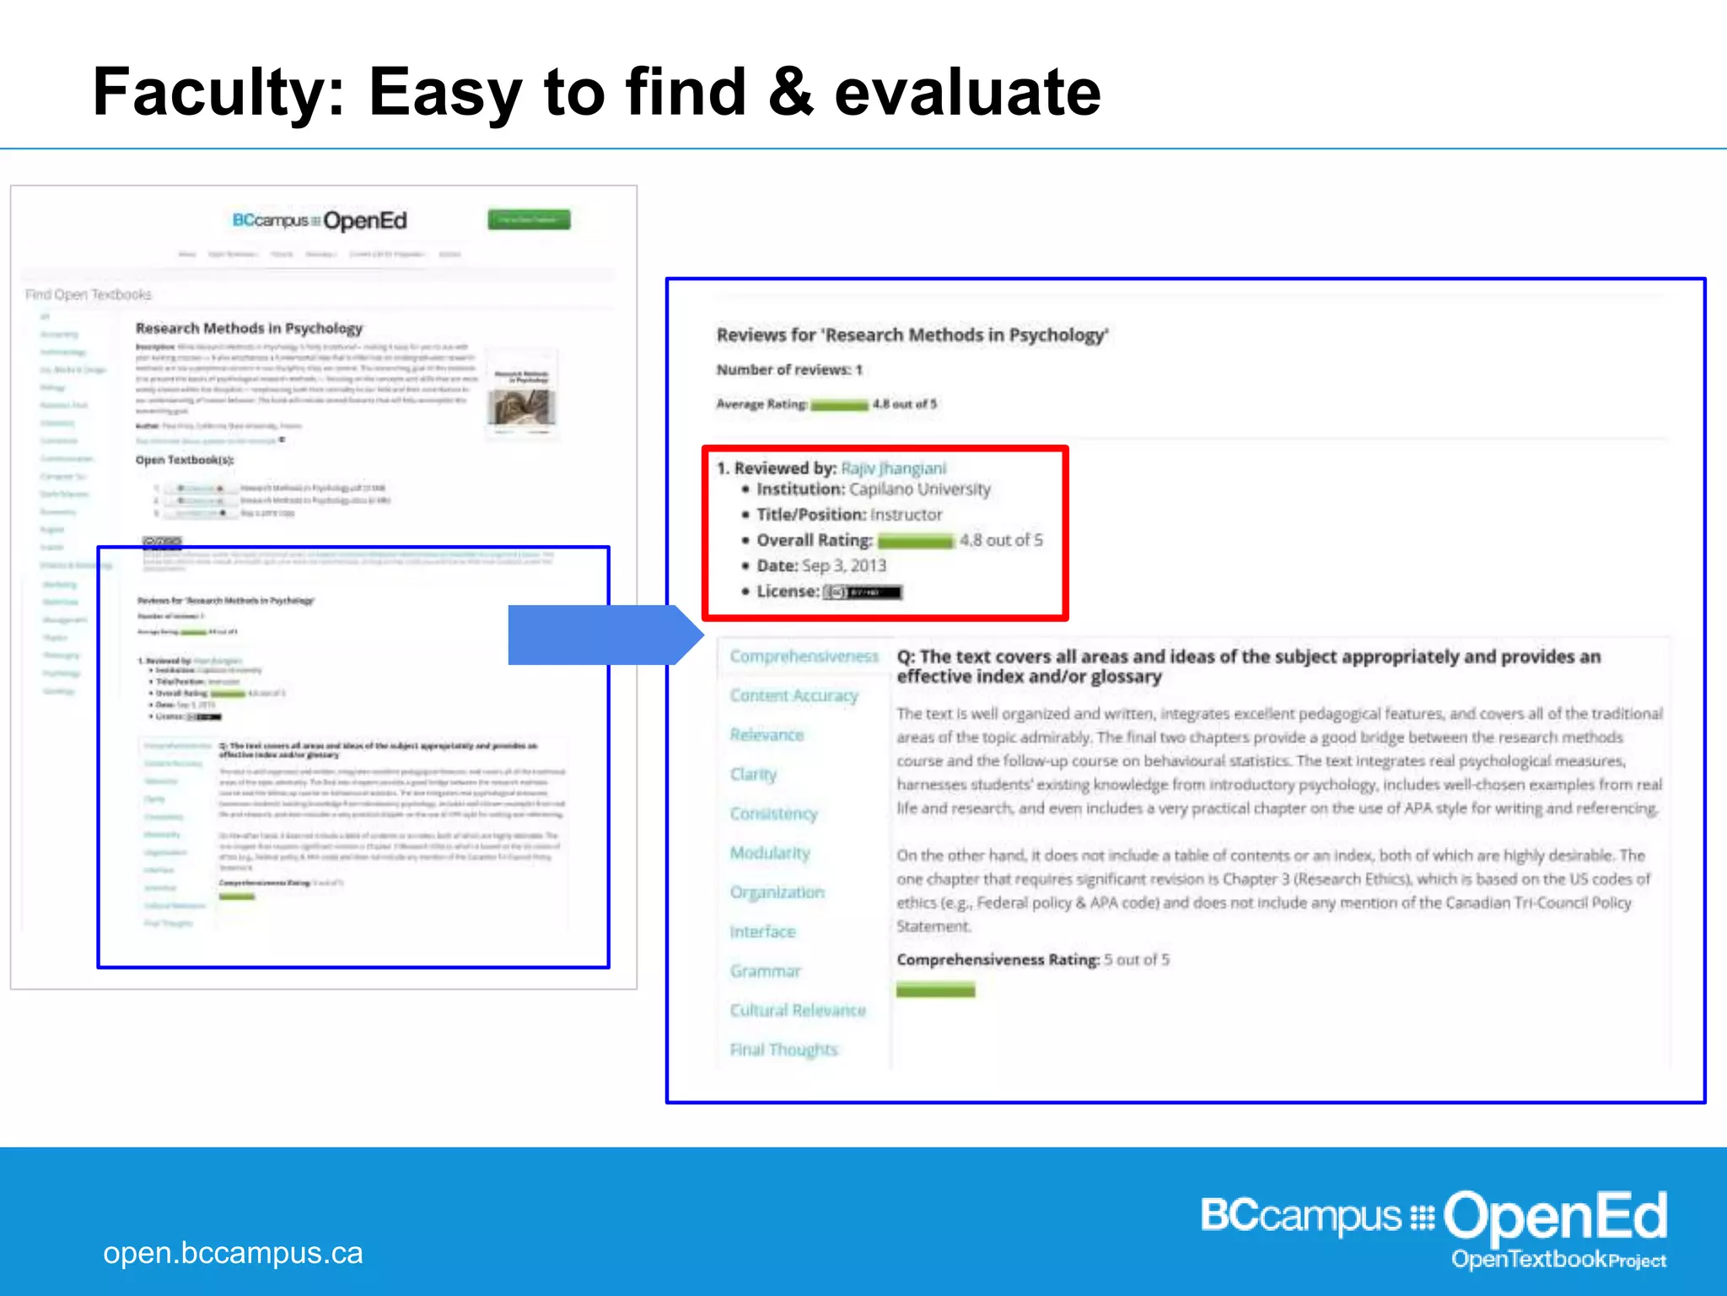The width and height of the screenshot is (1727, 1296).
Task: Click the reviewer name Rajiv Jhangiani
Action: click(893, 468)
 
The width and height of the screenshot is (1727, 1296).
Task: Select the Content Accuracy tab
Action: click(794, 695)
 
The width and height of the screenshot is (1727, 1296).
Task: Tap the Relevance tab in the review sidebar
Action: click(767, 735)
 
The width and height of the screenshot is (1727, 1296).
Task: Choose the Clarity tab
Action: click(753, 774)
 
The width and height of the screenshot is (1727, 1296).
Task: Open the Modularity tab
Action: click(770, 853)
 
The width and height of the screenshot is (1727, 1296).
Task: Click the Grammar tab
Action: click(765, 971)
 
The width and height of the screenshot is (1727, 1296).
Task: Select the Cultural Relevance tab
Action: click(798, 1010)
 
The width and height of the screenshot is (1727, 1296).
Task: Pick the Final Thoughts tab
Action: click(783, 1050)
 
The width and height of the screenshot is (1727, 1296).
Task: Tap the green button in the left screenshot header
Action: click(529, 219)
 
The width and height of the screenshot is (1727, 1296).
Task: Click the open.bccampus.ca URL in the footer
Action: click(233, 1253)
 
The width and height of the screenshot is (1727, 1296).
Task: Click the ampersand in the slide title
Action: click(790, 92)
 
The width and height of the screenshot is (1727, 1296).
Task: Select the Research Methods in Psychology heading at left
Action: click(249, 328)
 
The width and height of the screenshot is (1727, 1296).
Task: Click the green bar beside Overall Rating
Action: click(915, 541)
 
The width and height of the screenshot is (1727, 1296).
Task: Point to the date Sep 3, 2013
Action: click(843, 565)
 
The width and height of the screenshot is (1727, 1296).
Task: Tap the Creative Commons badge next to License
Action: click(862, 592)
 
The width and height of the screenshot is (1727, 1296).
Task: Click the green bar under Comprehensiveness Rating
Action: click(935, 990)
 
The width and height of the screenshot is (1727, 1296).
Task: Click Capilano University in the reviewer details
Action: click(919, 489)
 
